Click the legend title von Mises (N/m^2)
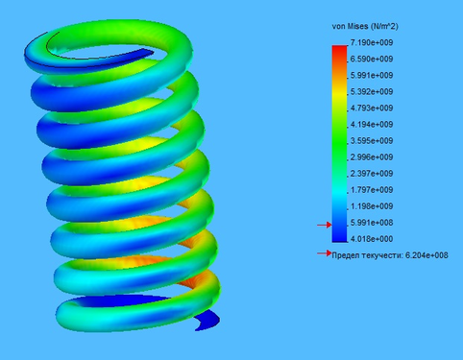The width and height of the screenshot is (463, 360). (x=365, y=26)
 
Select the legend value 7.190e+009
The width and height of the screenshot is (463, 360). (x=372, y=42)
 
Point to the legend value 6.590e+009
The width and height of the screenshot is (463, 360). (x=372, y=59)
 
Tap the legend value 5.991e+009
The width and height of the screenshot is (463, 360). (x=372, y=75)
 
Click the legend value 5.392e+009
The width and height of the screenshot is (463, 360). (x=372, y=91)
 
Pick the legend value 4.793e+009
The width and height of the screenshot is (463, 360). (x=372, y=108)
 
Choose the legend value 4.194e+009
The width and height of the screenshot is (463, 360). (x=372, y=124)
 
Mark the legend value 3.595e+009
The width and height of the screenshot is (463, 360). (x=372, y=141)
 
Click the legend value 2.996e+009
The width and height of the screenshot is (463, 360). (x=372, y=157)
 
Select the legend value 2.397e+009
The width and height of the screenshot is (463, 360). (x=372, y=174)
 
